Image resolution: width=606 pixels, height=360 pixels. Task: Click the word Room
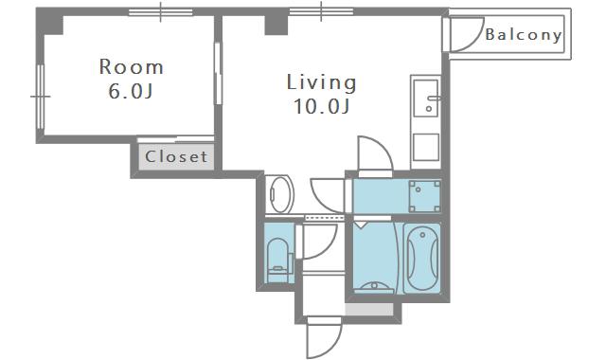click(x=132, y=67)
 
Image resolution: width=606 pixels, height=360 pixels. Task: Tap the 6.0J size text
click(x=131, y=92)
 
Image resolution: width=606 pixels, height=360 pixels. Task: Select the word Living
click(x=321, y=82)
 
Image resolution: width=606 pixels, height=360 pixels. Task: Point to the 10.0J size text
click(x=322, y=106)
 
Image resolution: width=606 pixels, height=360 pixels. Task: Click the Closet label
click(x=176, y=156)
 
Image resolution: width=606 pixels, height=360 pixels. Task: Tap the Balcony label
click(x=524, y=35)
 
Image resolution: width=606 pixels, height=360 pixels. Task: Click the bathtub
click(x=422, y=258)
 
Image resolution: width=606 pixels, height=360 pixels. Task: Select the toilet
click(x=278, y=256)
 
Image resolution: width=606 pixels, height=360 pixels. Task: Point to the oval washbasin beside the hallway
click(x=281, y=194)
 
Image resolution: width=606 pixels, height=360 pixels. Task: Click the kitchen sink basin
click(x=426, y=98)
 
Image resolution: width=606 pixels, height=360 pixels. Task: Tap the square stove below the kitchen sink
click(x=426, y=147)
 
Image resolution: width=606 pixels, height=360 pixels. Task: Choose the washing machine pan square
click(x=425, y=196)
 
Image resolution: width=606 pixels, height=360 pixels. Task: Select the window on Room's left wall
click(x=40, y=97)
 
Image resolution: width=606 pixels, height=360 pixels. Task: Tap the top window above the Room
click(x=160, y=12)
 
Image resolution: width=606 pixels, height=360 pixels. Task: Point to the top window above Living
click(x=321, y=11)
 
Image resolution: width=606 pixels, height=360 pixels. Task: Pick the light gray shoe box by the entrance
click(x=369, y=309)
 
